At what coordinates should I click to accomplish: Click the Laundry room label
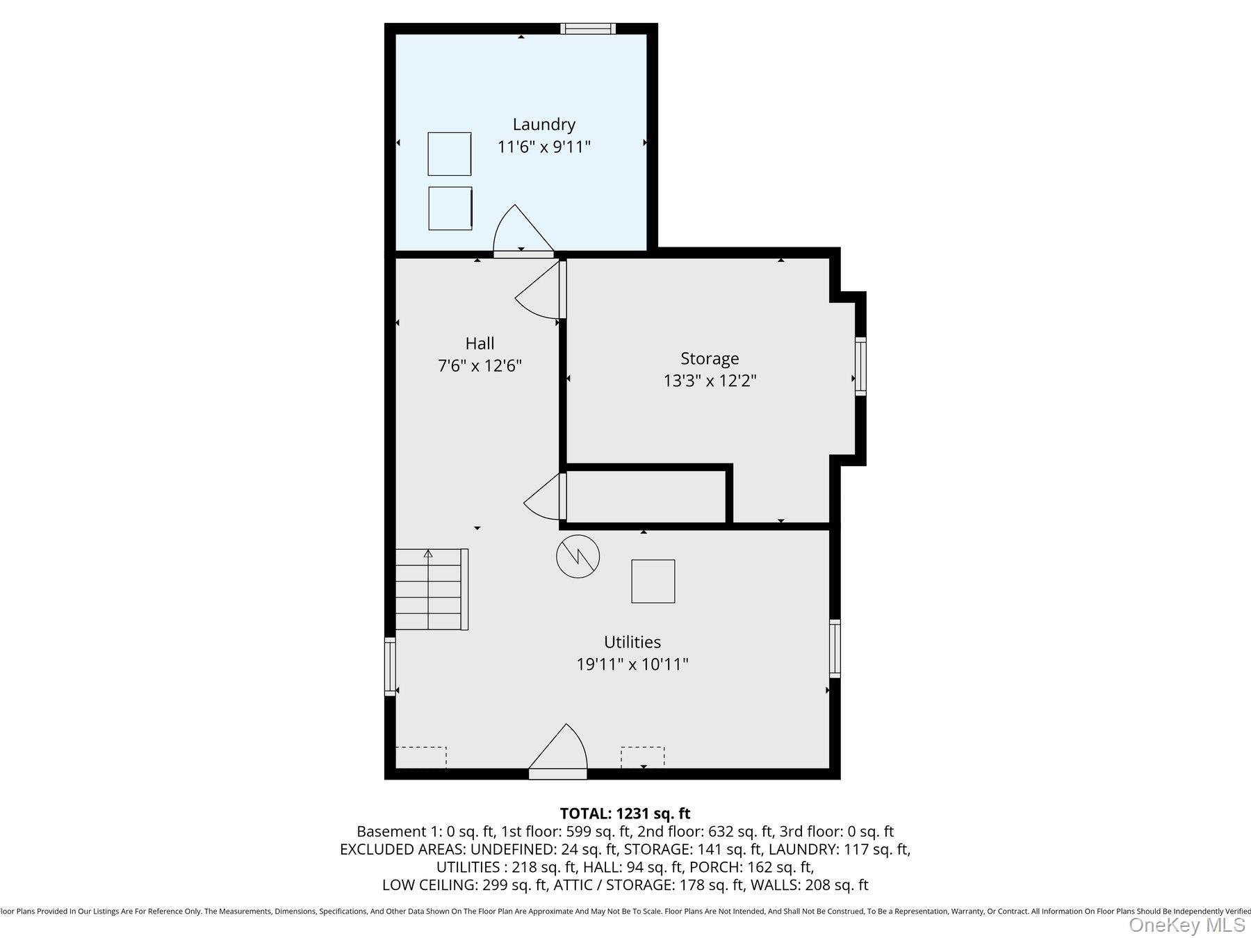[543, 124]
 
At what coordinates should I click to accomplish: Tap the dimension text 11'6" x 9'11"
[543, 147]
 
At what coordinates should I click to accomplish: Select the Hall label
[480, 343]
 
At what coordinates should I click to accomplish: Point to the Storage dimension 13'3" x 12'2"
[709, 381]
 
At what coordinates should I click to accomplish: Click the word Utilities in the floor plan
[632, 642]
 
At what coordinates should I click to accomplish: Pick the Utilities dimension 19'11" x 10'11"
[632, 664]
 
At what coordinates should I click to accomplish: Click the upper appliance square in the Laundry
[449, 154]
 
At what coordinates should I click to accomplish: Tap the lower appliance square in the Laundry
[450, 208]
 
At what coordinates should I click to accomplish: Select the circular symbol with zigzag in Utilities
[578, 556]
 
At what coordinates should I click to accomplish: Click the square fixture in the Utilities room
[653, 581]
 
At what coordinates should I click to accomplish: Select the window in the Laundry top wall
[588, 28]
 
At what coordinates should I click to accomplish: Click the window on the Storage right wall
[860, 366]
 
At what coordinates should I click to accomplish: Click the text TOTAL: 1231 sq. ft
[625, 813]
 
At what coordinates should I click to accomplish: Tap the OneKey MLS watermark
[1186, 925]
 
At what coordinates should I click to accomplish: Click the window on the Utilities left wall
[390, 666]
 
